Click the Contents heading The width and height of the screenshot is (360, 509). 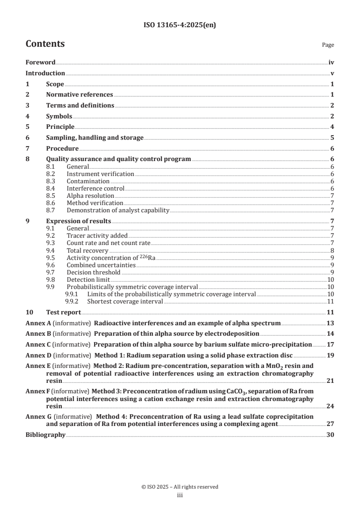pos(45,44)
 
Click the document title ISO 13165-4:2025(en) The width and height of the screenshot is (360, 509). pos(180,25)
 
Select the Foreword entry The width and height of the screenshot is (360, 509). pos(40,63)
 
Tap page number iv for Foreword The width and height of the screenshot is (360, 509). pos(331,63)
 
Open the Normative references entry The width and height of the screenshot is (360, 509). pos(79,94)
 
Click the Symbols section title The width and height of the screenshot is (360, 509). pos(59,116)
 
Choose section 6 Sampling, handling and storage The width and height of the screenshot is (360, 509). pos(95,137)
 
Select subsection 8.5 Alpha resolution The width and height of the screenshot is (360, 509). pos(90,196)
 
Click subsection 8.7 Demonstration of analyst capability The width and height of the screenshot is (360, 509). pos(118,210)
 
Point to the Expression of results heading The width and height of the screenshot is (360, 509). pos(79,221)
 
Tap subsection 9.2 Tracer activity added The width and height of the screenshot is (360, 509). pos(97,235)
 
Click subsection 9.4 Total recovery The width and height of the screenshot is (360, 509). pos(87,250)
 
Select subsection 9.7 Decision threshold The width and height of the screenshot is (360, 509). pos(93,272)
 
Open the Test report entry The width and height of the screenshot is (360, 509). pos(64,312)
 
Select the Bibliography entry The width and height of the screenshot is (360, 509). pos(45,435)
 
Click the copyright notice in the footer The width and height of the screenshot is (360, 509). pos(180,487)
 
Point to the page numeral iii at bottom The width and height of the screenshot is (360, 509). pos(180,495)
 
